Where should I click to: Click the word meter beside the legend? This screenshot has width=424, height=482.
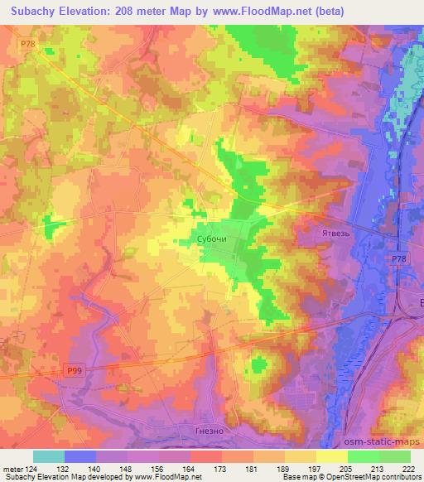click(11, 469)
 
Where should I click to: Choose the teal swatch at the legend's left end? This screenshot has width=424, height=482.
click(48, 456)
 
